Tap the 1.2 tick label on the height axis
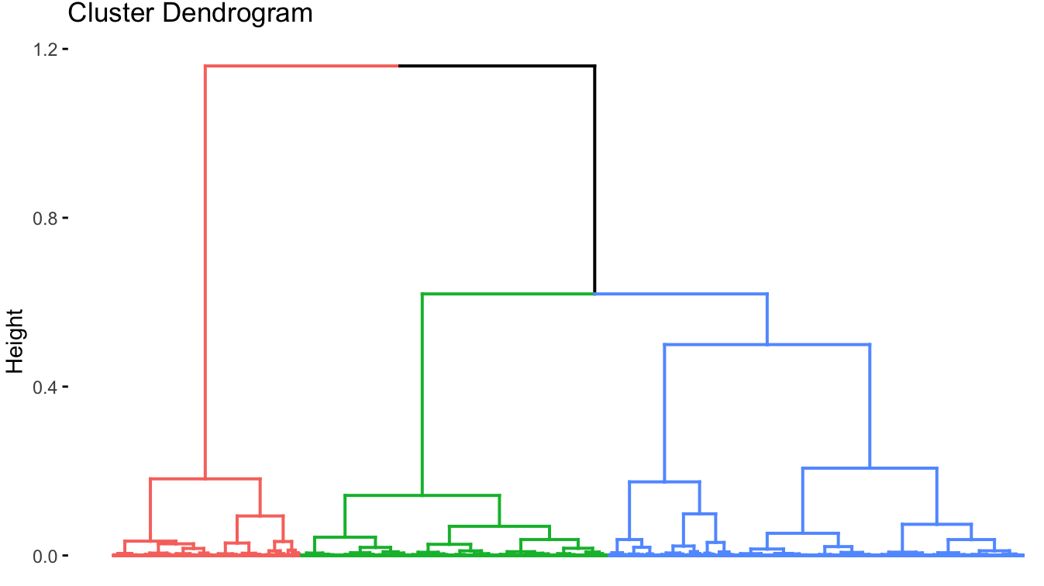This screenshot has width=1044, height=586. click(44, 49)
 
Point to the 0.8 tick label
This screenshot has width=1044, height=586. click(44, 218)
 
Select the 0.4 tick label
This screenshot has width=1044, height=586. click(44, 387)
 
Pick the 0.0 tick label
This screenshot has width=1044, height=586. click(44, 556)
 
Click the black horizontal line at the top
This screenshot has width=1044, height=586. click(496, 67)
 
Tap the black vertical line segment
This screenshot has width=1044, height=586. click(594, 178)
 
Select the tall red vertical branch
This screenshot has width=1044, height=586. click(205, 271)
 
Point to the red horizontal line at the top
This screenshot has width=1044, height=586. click(302, 67)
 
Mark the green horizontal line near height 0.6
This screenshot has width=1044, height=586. click(508, 294)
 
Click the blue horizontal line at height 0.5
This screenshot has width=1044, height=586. click(767, 344)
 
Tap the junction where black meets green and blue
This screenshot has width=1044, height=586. click(594, 294)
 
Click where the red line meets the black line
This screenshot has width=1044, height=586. click(398, 67)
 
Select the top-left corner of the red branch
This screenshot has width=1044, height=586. click(205, 67)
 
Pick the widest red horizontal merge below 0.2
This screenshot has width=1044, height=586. click(205, 479)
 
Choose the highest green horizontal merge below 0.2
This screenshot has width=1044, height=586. click(422, 495)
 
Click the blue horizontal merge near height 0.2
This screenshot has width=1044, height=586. click(870, 468)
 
